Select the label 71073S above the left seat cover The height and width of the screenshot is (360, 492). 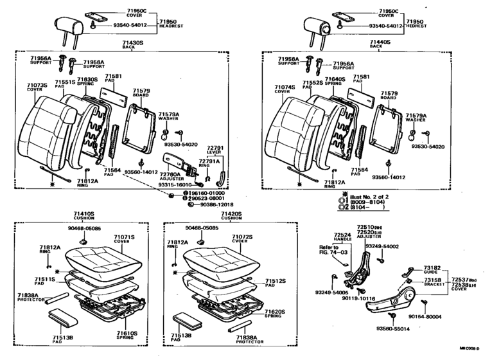(36, 85)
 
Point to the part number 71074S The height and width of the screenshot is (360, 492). (284, 85)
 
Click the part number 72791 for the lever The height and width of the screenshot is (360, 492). (215, 148)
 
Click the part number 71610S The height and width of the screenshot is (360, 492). (126, 333)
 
